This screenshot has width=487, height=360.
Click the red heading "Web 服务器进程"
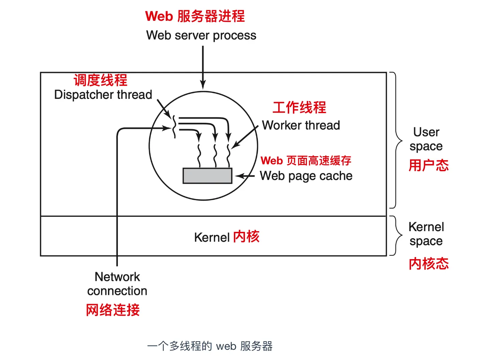[195, 16]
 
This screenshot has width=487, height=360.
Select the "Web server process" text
[201, 35]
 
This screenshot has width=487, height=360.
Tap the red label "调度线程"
[100, 80]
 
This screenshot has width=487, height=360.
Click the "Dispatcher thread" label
[103, 95]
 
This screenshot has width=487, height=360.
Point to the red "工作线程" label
[299, 107]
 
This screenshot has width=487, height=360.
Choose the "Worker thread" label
[301, 125]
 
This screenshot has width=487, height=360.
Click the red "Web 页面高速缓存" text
[306, 161]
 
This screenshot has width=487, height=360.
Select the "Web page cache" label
[306, 176]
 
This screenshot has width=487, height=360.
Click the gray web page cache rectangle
[207, 176]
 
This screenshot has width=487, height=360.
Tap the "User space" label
[426, 139]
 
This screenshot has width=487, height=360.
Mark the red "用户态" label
[429, 165]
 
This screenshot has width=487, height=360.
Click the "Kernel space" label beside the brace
[426, 234]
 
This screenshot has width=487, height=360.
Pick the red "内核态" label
[429, 264]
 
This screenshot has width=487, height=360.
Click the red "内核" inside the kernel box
[246, 237]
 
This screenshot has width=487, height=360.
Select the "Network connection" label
[117, 284]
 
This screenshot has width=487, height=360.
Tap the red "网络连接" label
[113, 310]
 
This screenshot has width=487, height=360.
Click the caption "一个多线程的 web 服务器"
[210, 346]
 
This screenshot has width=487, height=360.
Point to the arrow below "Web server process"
[203, 67]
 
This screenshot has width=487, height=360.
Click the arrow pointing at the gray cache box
[245, 176]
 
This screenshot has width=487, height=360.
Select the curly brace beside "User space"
[396, 140]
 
